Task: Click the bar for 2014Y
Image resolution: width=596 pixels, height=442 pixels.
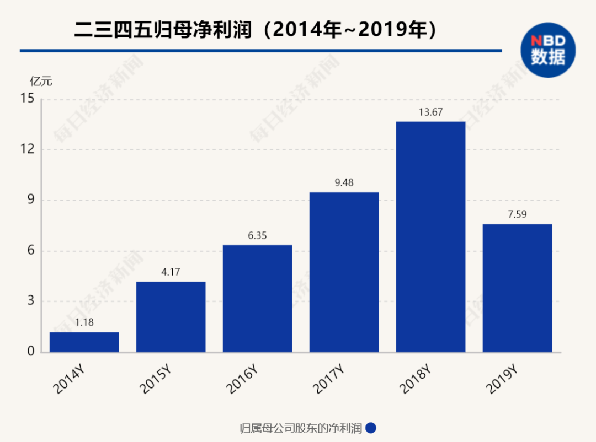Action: [x=84, y=342]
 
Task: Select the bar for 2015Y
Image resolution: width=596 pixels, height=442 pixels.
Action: [x=171, y=317]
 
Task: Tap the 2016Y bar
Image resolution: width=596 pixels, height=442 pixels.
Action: [x=257, y=298]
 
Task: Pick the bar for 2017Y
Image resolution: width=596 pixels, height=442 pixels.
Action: [x=344, y=272]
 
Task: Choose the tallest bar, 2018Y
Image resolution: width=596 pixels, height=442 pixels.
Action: [x=430, y=236]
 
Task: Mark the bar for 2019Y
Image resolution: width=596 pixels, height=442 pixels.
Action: [x=517, y=288]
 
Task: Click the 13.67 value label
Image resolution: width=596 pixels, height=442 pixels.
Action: [x=430, y=112]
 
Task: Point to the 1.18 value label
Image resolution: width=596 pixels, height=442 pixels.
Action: [x=84, y=323]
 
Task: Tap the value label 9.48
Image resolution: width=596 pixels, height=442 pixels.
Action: [x=344, y=183]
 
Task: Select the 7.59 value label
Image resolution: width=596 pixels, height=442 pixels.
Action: [x=517, y=215]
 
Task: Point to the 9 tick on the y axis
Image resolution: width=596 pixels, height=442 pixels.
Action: [x=30, y=200]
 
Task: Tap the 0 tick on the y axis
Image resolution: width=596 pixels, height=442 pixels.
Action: [x=30, y=352]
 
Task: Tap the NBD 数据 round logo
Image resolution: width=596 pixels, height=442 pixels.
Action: [x=548, y=50]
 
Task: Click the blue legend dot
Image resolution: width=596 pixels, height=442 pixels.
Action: [x=371, y=428]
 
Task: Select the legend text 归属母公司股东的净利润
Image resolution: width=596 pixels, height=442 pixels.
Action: [x=301, y=428]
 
